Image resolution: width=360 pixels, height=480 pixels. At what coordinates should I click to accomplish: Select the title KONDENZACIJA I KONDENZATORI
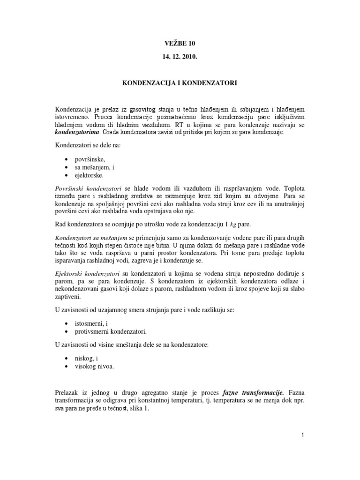point(180,83)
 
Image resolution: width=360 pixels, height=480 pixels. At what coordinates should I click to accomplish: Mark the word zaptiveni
point(68,297)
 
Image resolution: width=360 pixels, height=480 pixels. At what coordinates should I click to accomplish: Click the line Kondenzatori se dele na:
point(88,145)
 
